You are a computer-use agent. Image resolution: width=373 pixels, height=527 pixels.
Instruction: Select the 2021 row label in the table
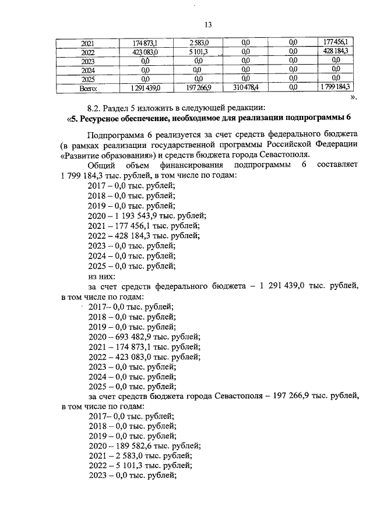pos(88,43)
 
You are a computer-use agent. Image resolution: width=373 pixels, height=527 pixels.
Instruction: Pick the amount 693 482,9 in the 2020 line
pos(139,337)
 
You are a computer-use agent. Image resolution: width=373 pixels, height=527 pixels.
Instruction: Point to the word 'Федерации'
pos(337,144)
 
